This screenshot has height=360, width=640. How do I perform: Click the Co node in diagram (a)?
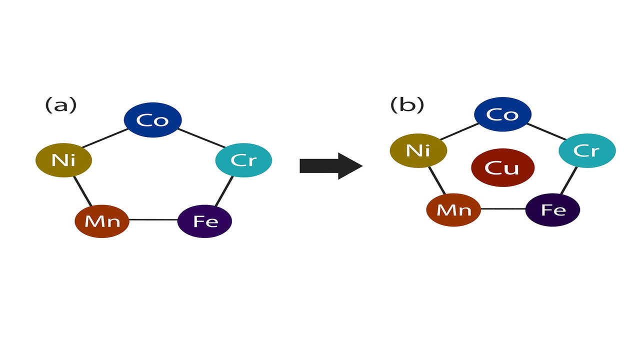click(152, 120)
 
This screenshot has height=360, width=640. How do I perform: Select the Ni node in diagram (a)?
click(63, 160)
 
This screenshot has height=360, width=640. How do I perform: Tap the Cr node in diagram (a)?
click(243, 160)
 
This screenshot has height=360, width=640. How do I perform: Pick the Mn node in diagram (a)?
click(102, 220)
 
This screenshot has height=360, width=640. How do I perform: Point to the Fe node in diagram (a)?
click(205, 220)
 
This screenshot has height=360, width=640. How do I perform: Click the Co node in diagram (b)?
click(502, 114)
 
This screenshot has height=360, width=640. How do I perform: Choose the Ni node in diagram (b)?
click(418, 150)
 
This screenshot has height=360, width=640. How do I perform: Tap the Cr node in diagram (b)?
click(587, 150)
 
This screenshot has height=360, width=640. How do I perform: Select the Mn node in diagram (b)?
click(453, 209)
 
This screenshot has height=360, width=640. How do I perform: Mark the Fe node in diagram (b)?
click(552, 209)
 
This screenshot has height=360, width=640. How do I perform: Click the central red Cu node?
click(502, 167)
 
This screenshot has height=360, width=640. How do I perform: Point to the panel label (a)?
click(61, 105)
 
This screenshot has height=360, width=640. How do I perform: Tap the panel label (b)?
click(407, 105)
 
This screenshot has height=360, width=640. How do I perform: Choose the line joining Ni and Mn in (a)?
click(83, 191)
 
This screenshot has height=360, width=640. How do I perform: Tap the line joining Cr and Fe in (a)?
click(224, 191)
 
